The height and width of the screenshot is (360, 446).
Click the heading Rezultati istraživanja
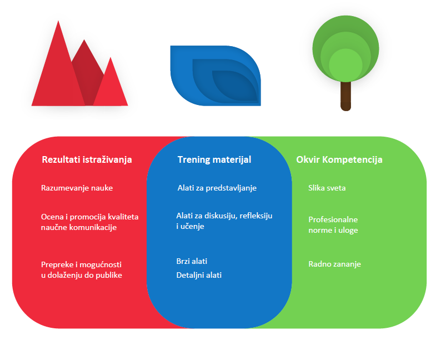[87, 160]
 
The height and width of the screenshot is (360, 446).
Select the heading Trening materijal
[214, 160]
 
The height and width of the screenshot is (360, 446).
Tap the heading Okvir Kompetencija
[339, 160]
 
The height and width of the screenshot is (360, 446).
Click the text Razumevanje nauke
[77, 188]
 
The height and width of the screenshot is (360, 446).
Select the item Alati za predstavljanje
[217, 188]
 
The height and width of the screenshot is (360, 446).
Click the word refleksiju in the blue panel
[255, 216]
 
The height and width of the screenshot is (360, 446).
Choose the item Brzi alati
[192, 261]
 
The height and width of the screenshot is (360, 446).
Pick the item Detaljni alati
[199, 275]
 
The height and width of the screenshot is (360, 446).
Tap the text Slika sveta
[327, 188]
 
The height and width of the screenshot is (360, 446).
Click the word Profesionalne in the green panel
[333, 219]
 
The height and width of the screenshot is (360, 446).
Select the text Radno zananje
[335, 264]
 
